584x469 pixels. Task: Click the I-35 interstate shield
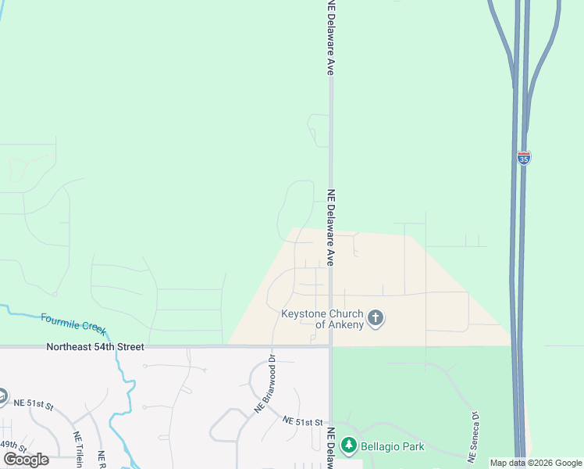(523, 158)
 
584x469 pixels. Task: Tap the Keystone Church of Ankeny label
(322, 320)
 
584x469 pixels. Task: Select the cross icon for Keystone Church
(376, 318)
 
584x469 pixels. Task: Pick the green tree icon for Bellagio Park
(349, 447)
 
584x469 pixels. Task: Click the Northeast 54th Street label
(95, 346)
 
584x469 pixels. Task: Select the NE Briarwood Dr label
(265, 385)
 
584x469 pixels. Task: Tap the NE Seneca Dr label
(473, 435)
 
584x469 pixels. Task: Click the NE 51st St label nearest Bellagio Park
(303, 422)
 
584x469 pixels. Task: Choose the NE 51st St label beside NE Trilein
(32, 404)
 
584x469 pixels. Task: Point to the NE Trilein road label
(78, 449)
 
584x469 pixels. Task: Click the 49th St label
(13, 446)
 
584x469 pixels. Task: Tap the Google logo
(27, 459)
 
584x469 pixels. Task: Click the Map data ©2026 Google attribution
(536, 463)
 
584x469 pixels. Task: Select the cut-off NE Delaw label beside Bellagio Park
(331, 449)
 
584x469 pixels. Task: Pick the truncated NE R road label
(102, 458)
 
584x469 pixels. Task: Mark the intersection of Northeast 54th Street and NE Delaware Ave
(331, 345)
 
